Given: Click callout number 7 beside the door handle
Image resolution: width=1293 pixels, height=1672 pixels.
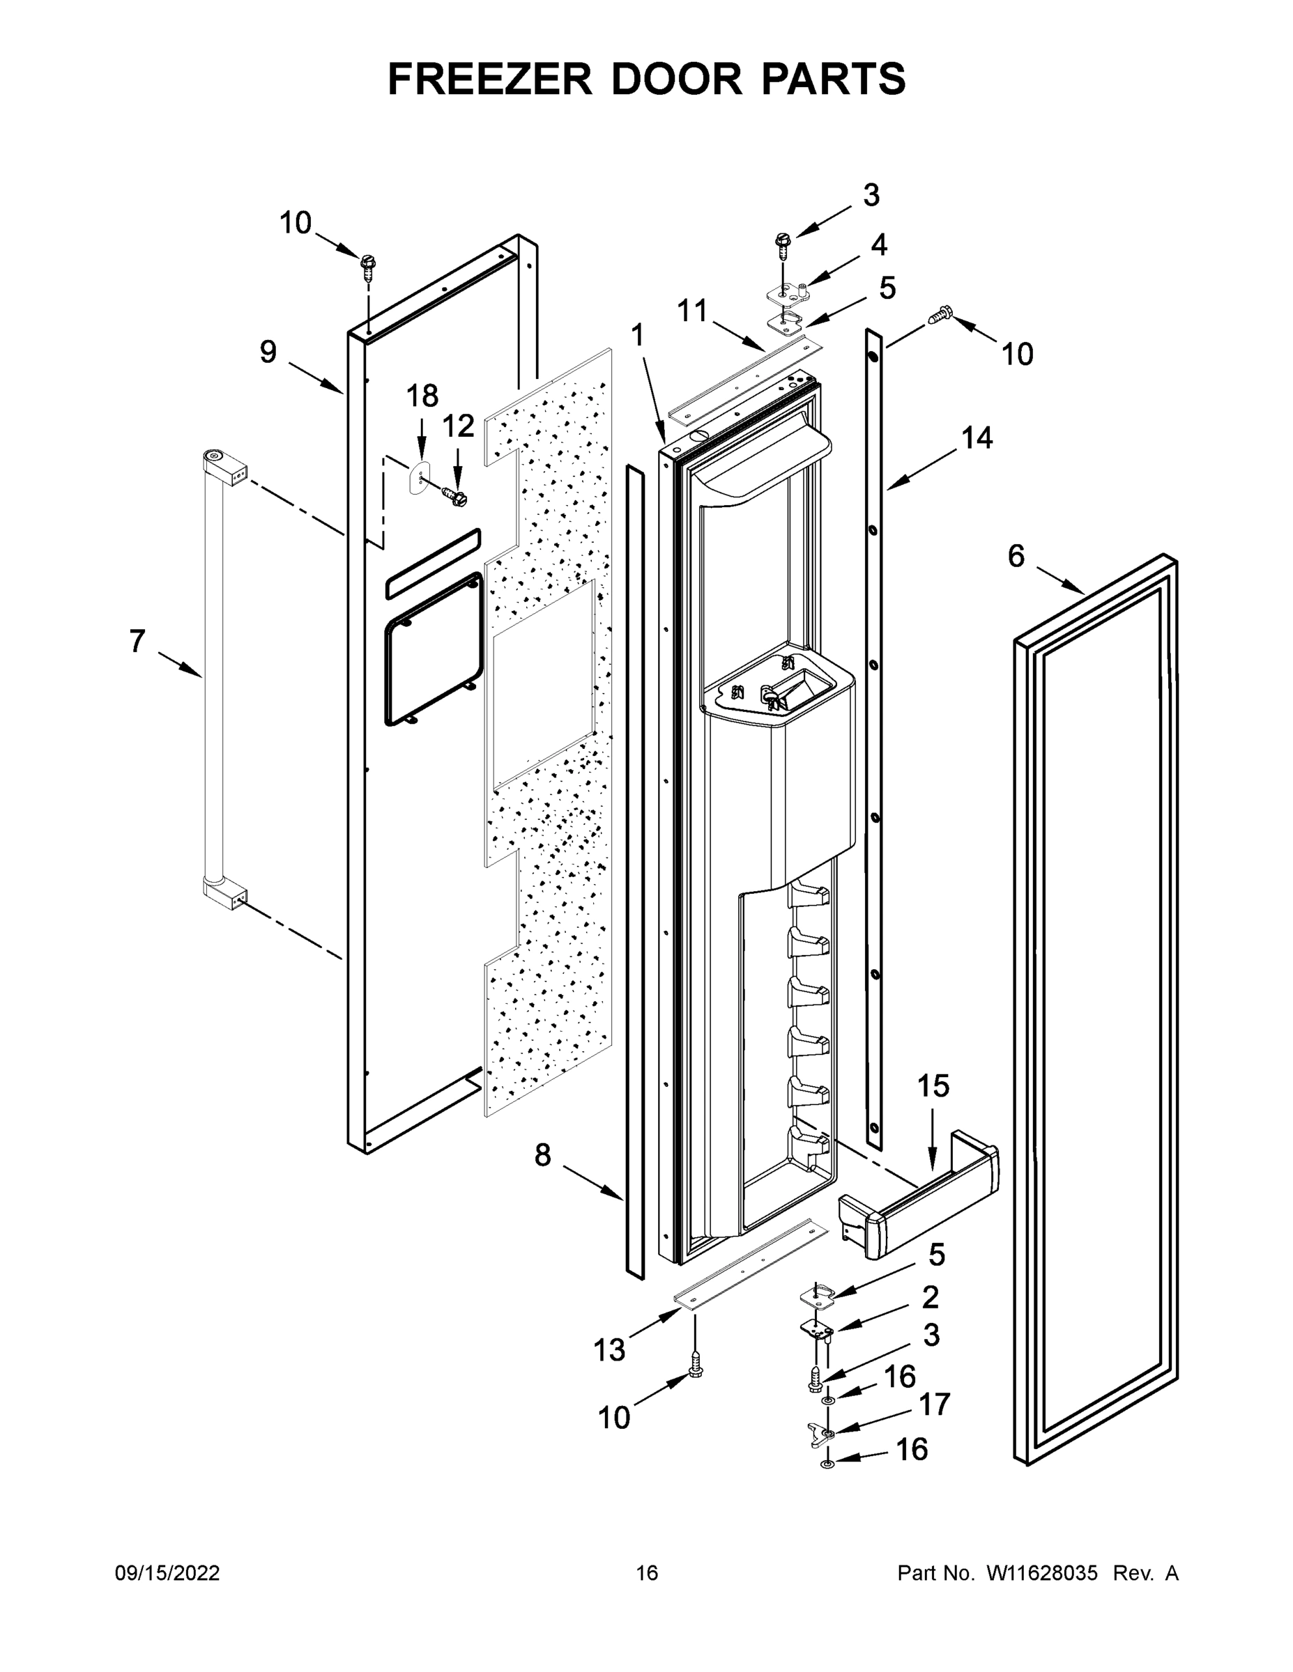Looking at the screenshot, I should (x=137, y=642).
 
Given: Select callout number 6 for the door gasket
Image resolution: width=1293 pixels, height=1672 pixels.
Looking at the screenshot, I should (x=1016, y=557).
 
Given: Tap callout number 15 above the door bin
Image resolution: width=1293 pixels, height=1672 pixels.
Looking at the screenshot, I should (x=933, y=1085).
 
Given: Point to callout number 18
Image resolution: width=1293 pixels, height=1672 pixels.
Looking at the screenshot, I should (x=421, y=396).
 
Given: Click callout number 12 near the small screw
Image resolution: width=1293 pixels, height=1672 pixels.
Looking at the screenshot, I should (x=458, y=426).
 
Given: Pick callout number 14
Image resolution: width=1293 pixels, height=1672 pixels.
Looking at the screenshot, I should (x=977, y=438).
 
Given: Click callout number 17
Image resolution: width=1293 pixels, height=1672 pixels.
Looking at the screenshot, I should (x=935, y=1404).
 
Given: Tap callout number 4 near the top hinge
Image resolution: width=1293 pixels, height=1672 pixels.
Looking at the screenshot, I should (x=878, y=245).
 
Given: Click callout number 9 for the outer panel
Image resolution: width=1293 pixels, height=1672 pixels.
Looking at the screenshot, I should (x=268, y=352).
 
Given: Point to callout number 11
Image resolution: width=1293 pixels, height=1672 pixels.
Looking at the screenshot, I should (x=692, y=311).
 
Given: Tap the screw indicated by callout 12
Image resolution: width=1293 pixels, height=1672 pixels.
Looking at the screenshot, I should (x=457, y=497).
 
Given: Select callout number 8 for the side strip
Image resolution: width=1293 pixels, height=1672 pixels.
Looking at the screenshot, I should (x=542, y=1155).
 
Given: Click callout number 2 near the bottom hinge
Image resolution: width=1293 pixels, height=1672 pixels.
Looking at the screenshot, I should (x=930, y=1297).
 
